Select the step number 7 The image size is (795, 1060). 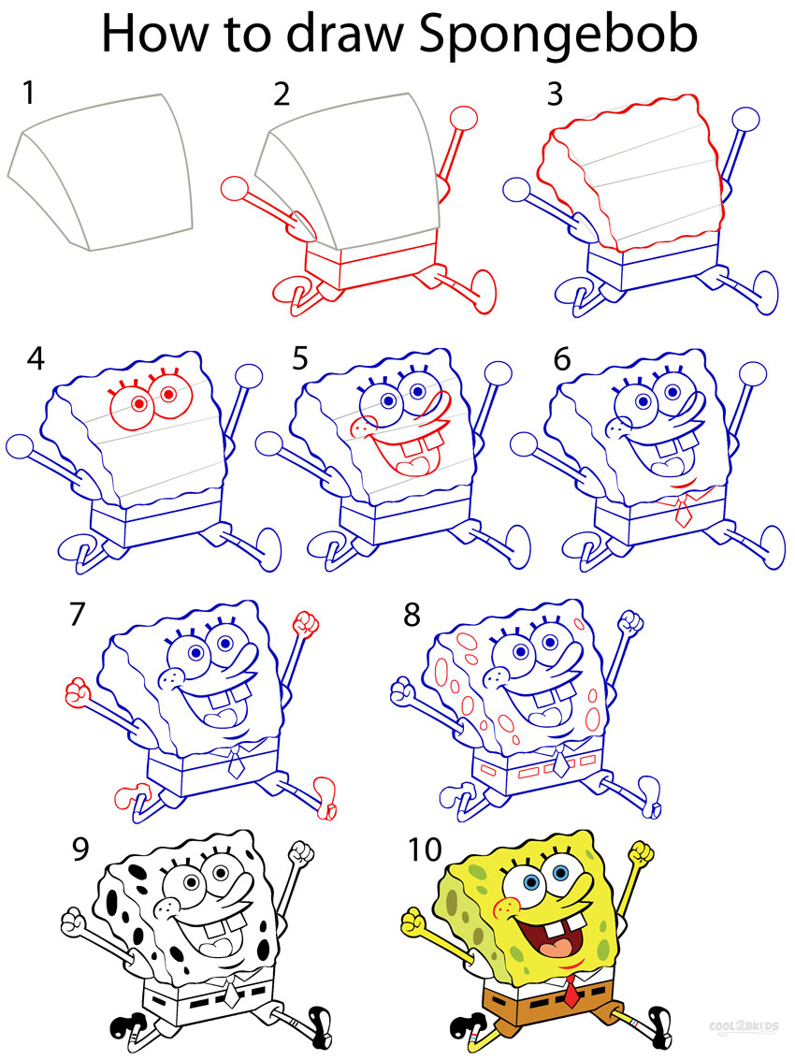coord(78,615)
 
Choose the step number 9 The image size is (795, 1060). coord(83,849)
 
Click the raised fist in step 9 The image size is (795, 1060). coord(299,853)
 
